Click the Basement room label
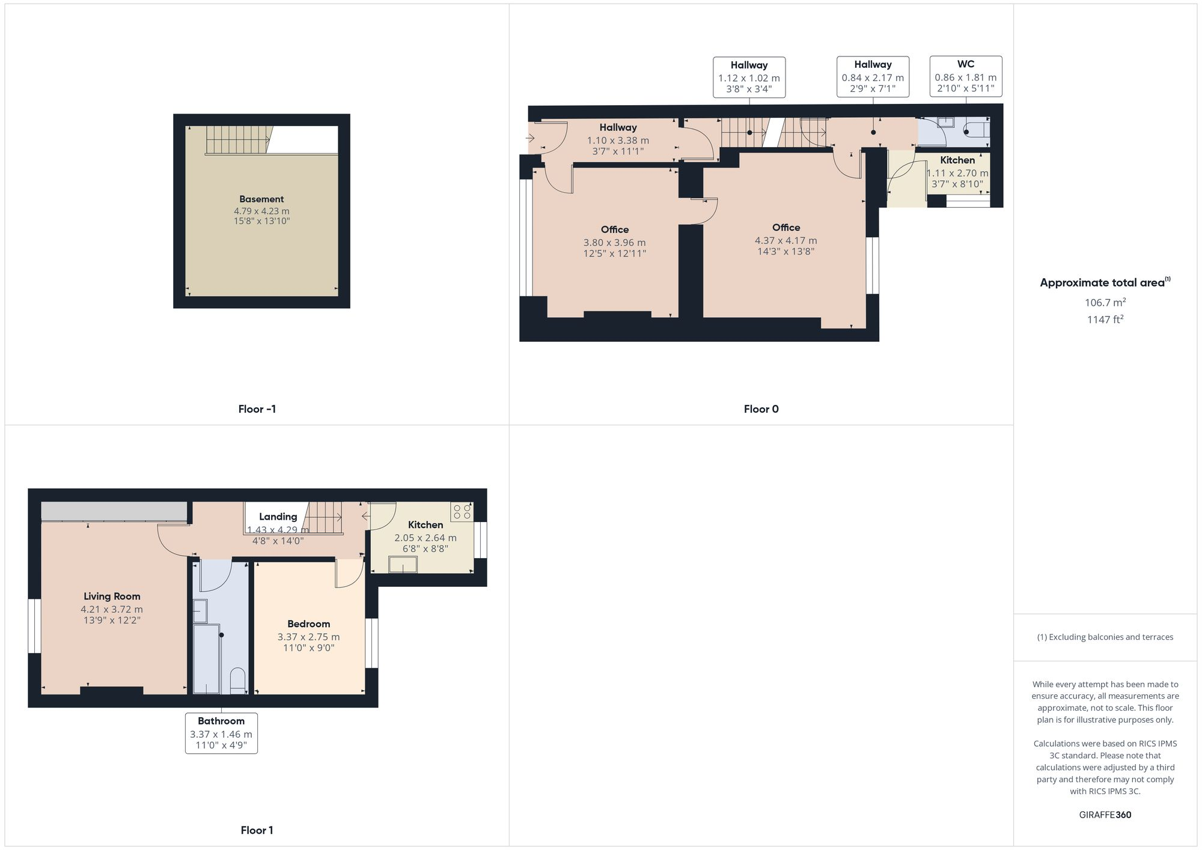[x=261, y=199]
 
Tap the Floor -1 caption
[x=257, y=409]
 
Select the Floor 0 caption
[x=761, y=409]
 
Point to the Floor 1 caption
[x=257, y=830]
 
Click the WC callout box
[x=965, y=76]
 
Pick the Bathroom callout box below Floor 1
[x=221, y=733]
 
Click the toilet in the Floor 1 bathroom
[x=238, y=681]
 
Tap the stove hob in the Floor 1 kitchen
[x=462, y=512]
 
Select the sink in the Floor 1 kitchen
[x=403, y=565]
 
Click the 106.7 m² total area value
[x=1105, y=302]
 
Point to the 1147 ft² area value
[x=1105, y=320]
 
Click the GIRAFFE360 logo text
[x=1105, y=815]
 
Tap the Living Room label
[x=112, y=596]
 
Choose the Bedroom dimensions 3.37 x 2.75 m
[x=308, y=637]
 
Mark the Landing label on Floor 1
[x=278, y=517]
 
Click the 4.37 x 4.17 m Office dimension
[x=786, y=240]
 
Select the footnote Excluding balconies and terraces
[x=1105, y=637]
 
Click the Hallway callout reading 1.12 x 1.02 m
[x=749, y=77]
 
